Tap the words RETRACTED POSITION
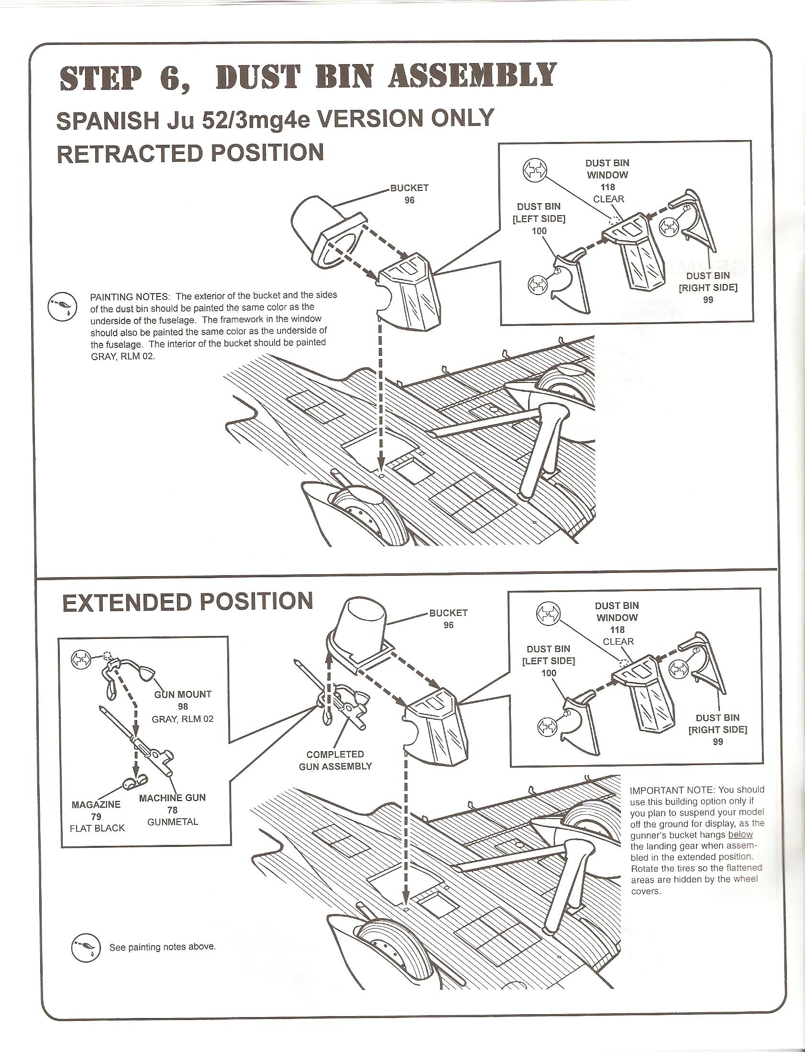click(x=190, y=153)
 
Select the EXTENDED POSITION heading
click(x=187, y=601)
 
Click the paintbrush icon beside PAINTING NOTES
click(x=62, y=306)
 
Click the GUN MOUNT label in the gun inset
click(x=183, y=694)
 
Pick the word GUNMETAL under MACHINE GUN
click(x=173, y=822)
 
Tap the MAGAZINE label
click(x=96, y=804)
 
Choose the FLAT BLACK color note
click(x=97, y=828)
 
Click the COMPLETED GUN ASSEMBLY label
click(x=335, y=760)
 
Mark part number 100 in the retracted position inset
click(x=539, y=231)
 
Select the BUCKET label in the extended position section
click(x=448, y=613)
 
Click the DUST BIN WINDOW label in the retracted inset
click(x=607, y=169)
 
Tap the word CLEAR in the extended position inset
click(x=618, y=641)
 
